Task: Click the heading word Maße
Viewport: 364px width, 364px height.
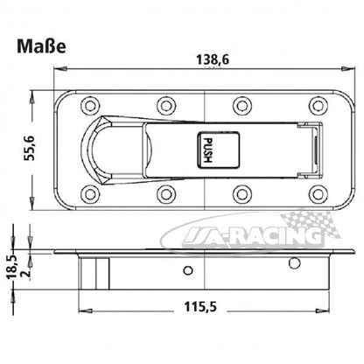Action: (41, 46)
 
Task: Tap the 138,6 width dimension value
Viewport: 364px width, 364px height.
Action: (213, 59)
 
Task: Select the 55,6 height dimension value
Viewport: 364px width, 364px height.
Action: (30, 148)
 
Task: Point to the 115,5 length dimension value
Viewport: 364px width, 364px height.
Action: (200, 306)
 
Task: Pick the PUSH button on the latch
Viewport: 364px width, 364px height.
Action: (219, 150)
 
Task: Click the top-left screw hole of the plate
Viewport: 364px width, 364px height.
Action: (90, 105)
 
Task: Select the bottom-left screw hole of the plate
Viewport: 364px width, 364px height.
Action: (90, 193)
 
